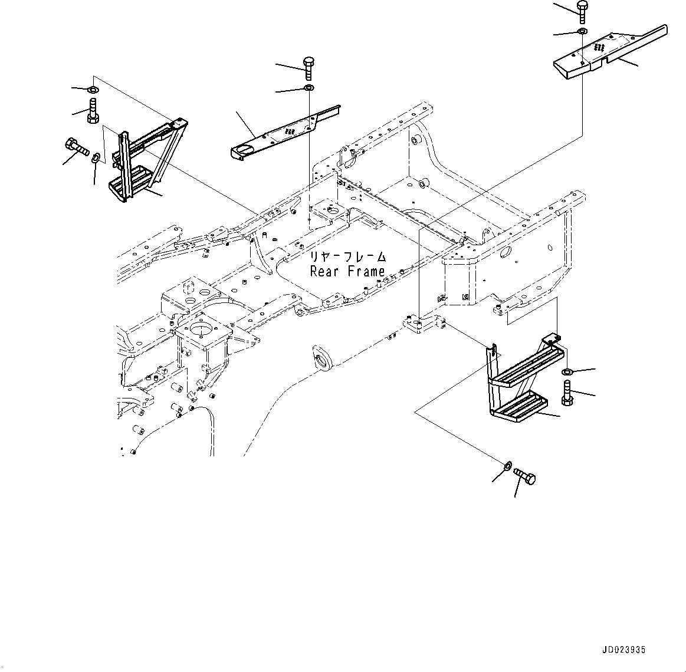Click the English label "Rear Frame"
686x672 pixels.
point(347,272)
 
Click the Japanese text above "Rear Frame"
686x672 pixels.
point(348,256)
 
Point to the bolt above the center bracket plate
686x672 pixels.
point(309,68)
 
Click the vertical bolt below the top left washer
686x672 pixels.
point(93,111)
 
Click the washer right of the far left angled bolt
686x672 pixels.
point(97,157)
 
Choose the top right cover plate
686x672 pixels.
point(610,52)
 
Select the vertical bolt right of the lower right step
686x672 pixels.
point(567,393)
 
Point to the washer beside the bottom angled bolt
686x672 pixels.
point(507,466)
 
